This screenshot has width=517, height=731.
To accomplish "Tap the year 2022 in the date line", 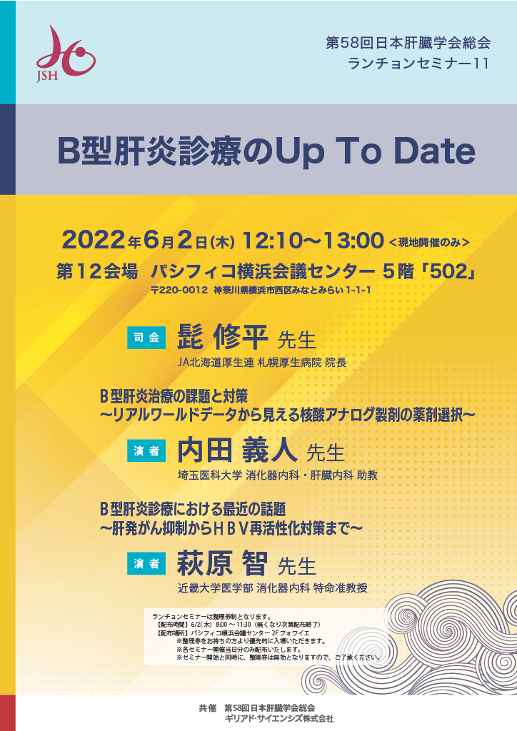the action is [x=94, y=240].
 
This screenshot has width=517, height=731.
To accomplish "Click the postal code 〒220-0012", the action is [x=179, y=291].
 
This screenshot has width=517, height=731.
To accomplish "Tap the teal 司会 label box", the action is [x=146, y=338].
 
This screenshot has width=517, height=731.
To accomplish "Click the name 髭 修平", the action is [x=222, y=337].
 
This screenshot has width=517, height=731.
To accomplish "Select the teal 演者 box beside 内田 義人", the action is [x=146, y=450].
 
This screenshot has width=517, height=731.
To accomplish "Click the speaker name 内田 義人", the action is [x=237, y=450].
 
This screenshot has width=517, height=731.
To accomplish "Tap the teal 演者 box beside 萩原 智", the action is [x=146, y=563].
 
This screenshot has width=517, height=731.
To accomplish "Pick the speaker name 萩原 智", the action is [x=222, y=563].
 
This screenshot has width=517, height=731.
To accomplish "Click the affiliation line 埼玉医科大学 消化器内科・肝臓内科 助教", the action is [x=277, y=475].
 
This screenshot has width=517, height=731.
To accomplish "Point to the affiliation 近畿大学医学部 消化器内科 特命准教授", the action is [x=272, y=588].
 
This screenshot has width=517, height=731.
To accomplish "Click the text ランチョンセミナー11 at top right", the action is [x=418, y=64].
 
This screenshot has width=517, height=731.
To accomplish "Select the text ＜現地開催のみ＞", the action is [x=429, y=243].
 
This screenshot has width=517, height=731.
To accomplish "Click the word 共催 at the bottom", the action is [x=208, y=708].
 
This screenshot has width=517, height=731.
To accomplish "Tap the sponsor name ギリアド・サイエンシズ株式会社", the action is [x=279, y=718].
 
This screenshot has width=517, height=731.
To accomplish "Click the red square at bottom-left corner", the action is [x=7, y=713].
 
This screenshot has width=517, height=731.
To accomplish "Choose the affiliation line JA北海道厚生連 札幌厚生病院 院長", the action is [x=262, y=362].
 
